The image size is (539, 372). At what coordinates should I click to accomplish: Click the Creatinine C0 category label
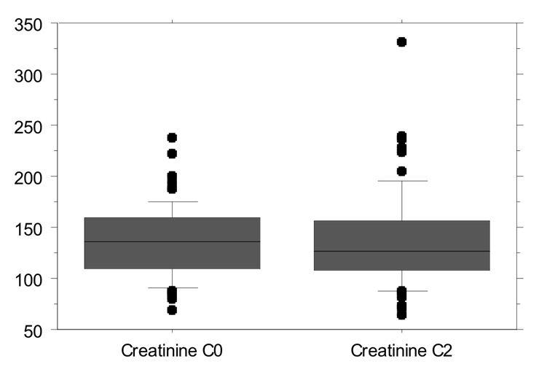tap(172, 352)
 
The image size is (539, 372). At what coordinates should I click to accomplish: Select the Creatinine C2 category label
tap(401, 352)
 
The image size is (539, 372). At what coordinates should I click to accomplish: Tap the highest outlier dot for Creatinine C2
tap(401, 42)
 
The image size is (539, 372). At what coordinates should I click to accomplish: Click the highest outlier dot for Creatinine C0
tap(172, 137)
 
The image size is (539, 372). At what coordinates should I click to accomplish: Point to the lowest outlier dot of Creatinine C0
tap(172, 310)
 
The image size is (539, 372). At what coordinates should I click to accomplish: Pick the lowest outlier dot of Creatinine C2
tap(401, 314)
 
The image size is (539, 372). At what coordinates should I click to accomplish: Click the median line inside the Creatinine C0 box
tap(172, 241)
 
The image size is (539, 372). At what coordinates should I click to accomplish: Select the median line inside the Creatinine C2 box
tap(401, 251)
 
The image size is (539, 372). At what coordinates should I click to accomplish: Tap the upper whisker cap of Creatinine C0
tap(172, 201)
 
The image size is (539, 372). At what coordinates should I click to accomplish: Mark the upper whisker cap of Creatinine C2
tap(401, 180)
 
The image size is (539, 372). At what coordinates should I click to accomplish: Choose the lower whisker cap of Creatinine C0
tap(172, 287)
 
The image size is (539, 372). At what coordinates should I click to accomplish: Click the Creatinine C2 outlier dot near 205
tap(401, 171)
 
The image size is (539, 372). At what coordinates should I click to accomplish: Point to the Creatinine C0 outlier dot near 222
tap(172, 153)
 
